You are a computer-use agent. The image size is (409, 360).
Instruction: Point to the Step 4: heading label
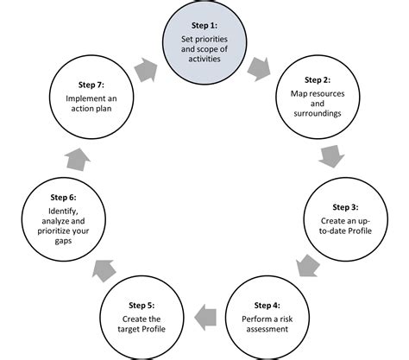click(267, 305)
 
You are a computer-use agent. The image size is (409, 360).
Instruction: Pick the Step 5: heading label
click(142, 305)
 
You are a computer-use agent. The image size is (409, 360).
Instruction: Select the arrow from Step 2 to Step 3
click(330, 157)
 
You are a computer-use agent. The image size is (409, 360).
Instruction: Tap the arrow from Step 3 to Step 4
click(308, 262)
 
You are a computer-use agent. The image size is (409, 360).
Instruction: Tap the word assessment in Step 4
click(267, 329)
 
